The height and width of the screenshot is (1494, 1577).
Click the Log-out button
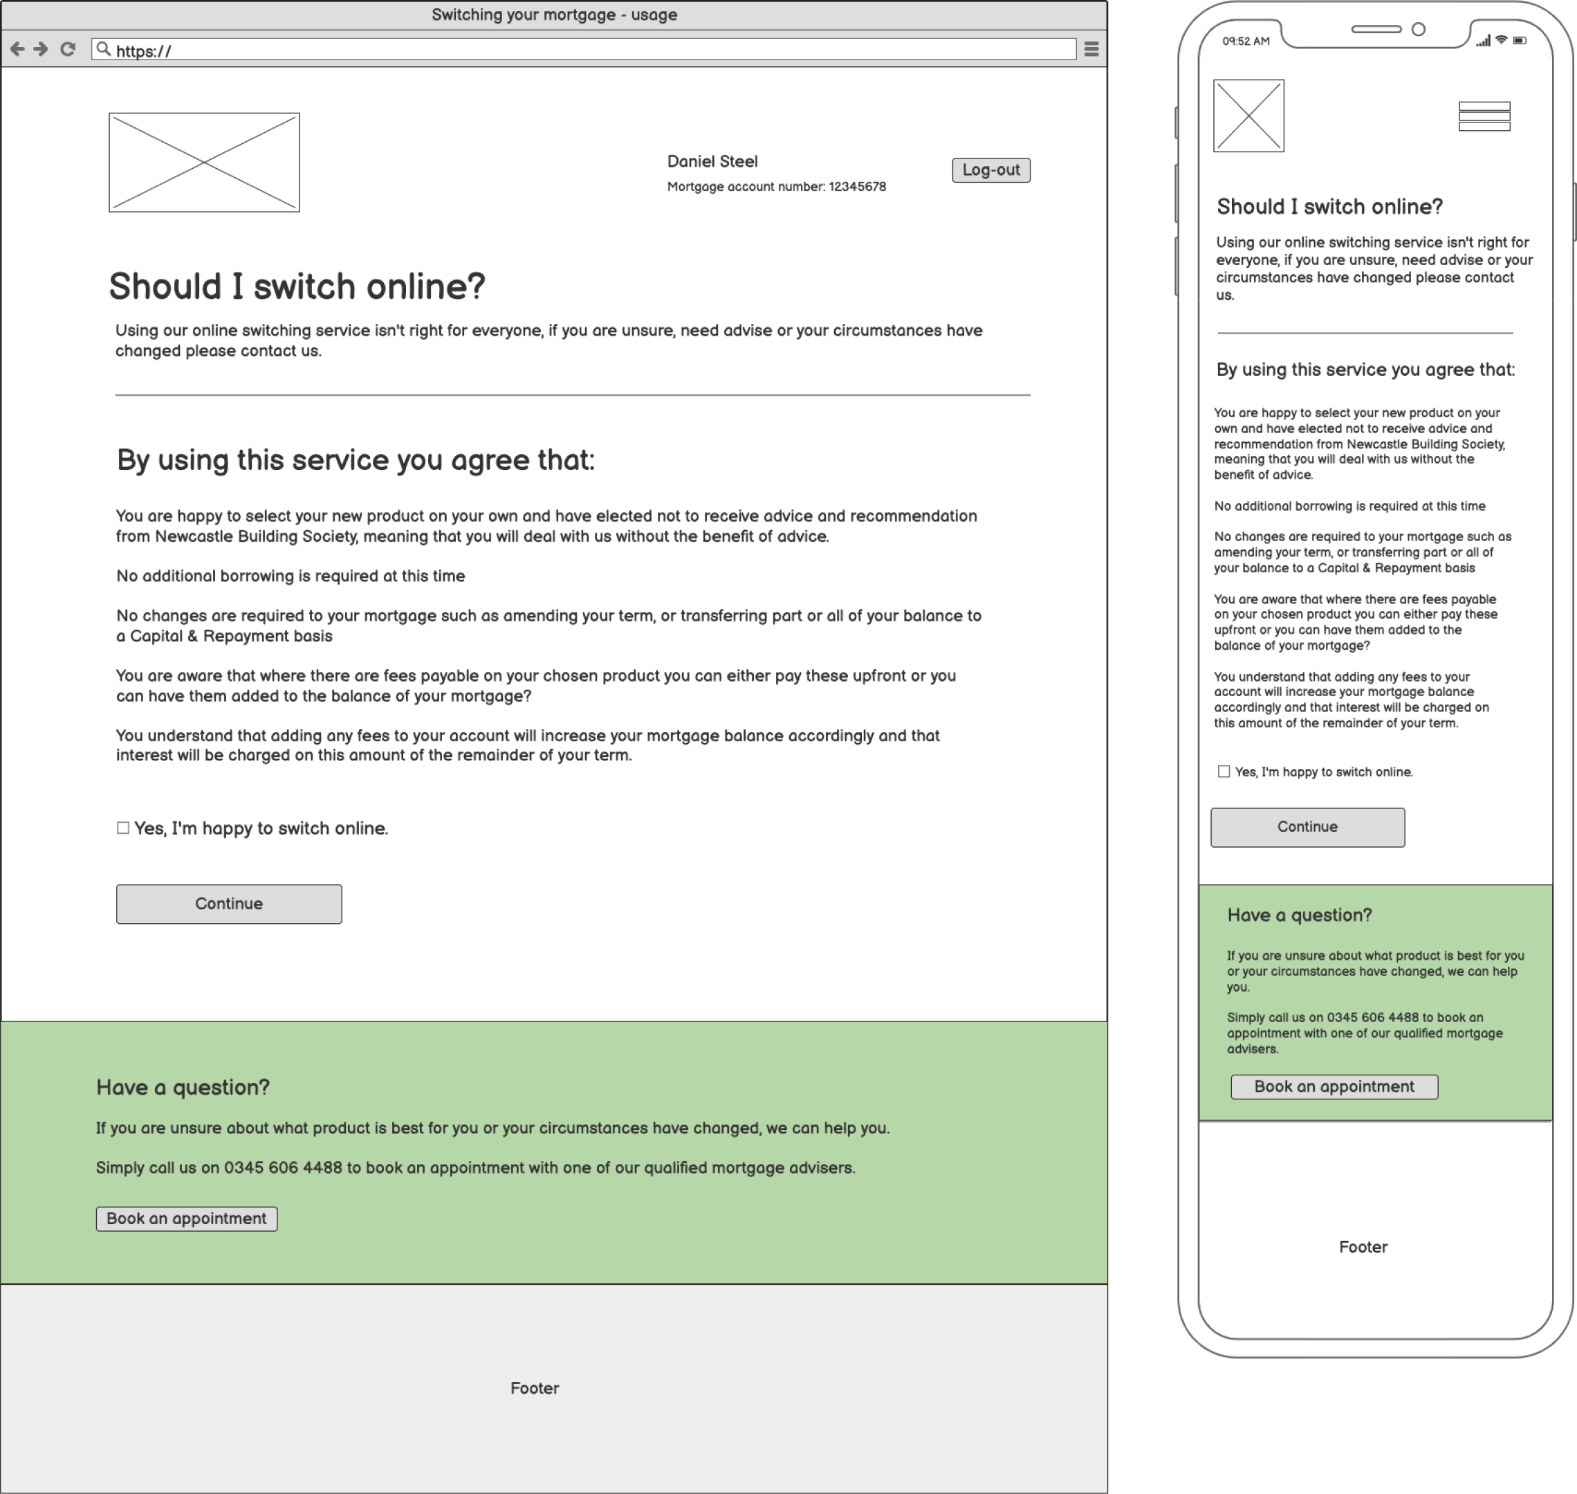(x=990, y=170)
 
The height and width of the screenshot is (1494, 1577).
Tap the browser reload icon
(x=68, y=49)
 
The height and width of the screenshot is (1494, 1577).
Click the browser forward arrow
(x=41, y=49)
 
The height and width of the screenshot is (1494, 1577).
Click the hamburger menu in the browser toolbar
(x=1091, y=49)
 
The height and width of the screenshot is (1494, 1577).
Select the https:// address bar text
(x=143, y=51)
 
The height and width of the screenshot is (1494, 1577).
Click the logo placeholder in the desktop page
(x=204, y=163)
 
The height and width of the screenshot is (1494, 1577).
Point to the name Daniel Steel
(x=712, y=162)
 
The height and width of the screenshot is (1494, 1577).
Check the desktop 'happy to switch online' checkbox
(x=123, y=828)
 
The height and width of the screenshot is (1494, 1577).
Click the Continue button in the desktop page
(x=228, y=904)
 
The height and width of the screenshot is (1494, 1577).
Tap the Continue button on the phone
(x=1307, y=828)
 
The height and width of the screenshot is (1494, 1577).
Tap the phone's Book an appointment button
(x=1334, y=1087)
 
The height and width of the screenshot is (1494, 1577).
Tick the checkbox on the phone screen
(x=1224, y=772)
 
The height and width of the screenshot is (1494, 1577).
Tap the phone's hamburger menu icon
(x=1484, y=116)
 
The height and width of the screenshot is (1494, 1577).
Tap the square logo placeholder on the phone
(x=1248, y=116)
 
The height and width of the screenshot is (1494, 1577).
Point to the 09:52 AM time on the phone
(x=1246, y=42)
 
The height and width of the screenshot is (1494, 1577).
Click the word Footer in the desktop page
(x=534, y=1388)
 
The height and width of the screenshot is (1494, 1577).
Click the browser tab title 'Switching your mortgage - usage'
(x=554, y=15)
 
